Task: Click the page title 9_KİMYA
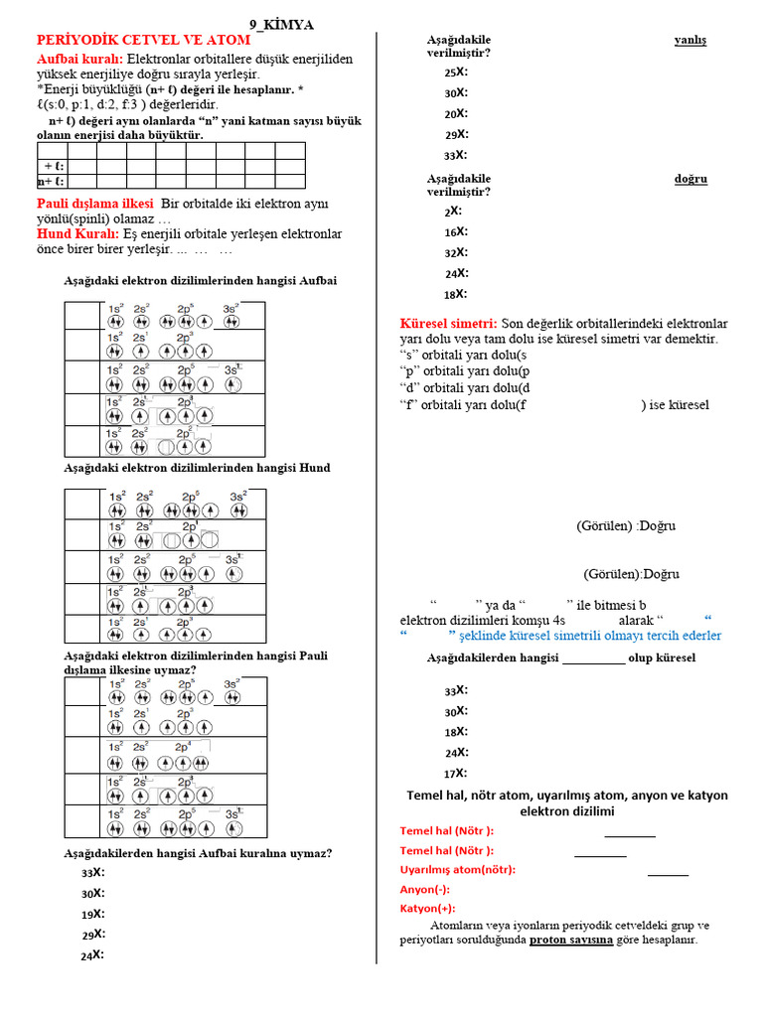284,25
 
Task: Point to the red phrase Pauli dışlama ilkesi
88,204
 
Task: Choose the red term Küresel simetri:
448,324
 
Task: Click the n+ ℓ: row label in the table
51,182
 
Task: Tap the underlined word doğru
690,179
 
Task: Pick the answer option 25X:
456,73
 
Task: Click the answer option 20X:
456,113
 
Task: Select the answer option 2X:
453,211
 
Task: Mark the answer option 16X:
456,231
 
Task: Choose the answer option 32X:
456,252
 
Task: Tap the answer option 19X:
93,914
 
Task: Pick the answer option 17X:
456,773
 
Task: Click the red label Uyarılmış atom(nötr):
457,869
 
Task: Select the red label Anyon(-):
424,889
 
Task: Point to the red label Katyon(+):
427,908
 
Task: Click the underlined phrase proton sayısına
571,939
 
